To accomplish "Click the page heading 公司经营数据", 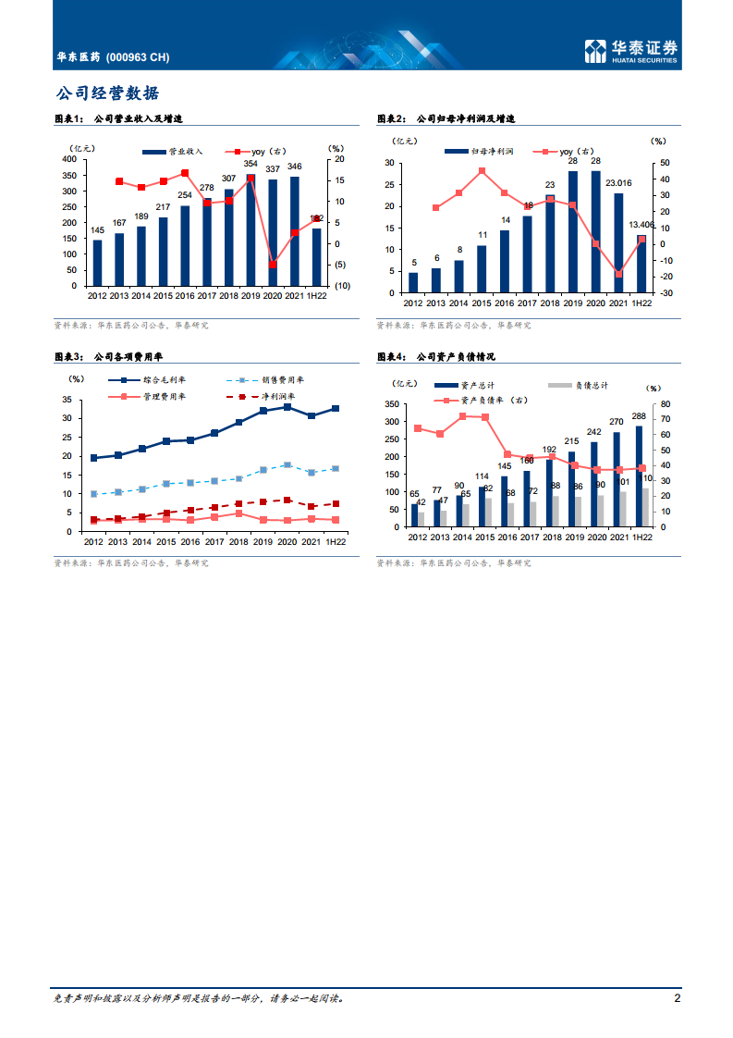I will coord(106,93).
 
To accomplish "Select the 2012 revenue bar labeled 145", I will coord(97,263).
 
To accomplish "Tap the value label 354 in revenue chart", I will coord(250,165).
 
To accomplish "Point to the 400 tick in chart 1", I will coord(69,159).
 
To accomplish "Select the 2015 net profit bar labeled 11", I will coord(482,268).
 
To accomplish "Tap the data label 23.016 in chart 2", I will coord(617,183).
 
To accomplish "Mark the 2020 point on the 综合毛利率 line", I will coord(287,407).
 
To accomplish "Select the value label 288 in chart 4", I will coord(639,416).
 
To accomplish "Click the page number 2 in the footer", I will coord(678,998).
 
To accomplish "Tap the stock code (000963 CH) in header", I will coord(139,57).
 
